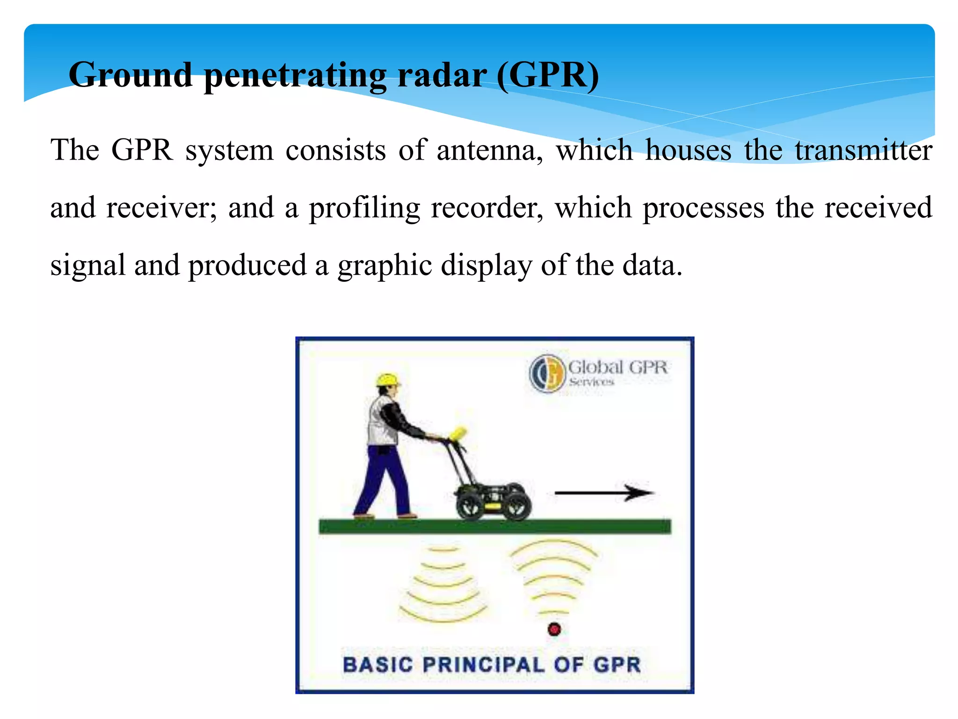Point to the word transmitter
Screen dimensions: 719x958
pos(864,151)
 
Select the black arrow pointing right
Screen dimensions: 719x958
pos(603,492)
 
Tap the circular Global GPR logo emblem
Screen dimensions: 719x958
pos(546,373)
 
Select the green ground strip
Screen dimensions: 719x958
pos(494,527)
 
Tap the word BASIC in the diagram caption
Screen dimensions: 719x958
pos(378,665)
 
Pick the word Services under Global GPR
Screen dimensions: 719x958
pos(591,382)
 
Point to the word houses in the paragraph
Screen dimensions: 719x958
pos(688,151)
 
